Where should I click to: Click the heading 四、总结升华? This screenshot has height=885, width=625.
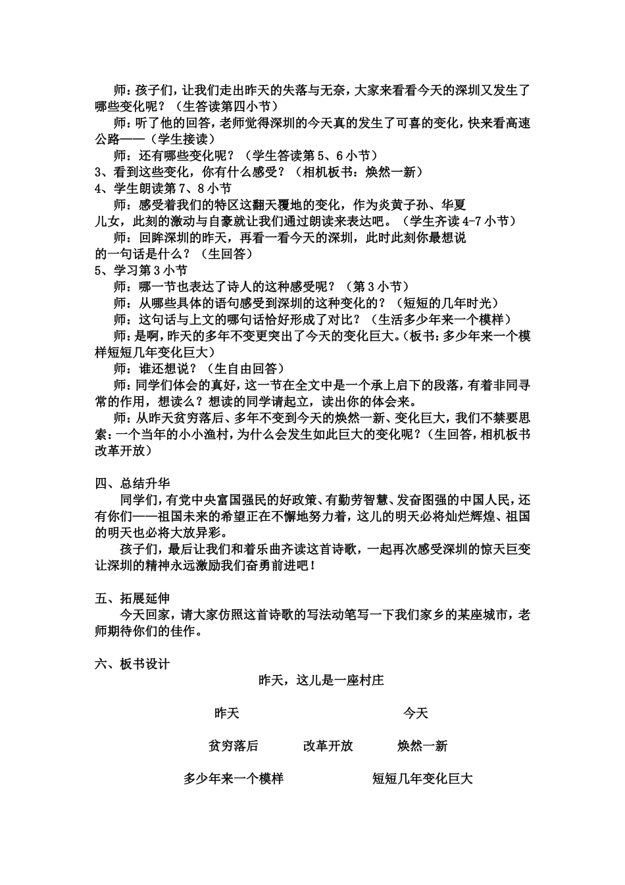pos(132,483)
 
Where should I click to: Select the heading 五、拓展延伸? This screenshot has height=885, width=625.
pos(132,598)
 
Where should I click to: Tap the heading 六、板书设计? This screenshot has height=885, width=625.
pos(132,664)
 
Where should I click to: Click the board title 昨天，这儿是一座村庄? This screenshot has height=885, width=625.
pos(321,680)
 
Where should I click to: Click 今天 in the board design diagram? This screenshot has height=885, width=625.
pos(415,713)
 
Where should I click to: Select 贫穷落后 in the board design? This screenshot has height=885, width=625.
pos(233,746)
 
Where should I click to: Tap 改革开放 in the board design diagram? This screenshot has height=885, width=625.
pos(328,746)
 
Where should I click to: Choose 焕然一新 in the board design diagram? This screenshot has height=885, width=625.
pos(422,746)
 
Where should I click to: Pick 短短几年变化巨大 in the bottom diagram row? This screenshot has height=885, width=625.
pos(422,779)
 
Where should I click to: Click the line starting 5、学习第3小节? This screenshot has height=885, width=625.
pos(141,270)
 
